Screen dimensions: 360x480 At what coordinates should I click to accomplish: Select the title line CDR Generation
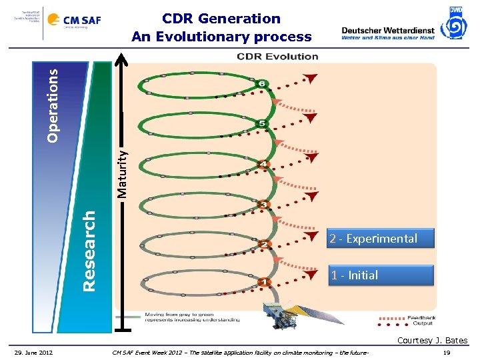pos(221,19)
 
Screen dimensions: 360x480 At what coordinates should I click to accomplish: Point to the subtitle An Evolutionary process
pos(221,37)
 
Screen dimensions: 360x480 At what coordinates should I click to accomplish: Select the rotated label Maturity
pos(122,173)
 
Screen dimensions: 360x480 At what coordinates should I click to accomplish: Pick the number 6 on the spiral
pos(262,83)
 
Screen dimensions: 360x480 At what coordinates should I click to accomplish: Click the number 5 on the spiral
pos(262,123)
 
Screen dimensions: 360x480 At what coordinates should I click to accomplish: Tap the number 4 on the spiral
pos(264,164)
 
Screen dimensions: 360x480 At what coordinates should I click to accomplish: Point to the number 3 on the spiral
pos(264,205)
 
